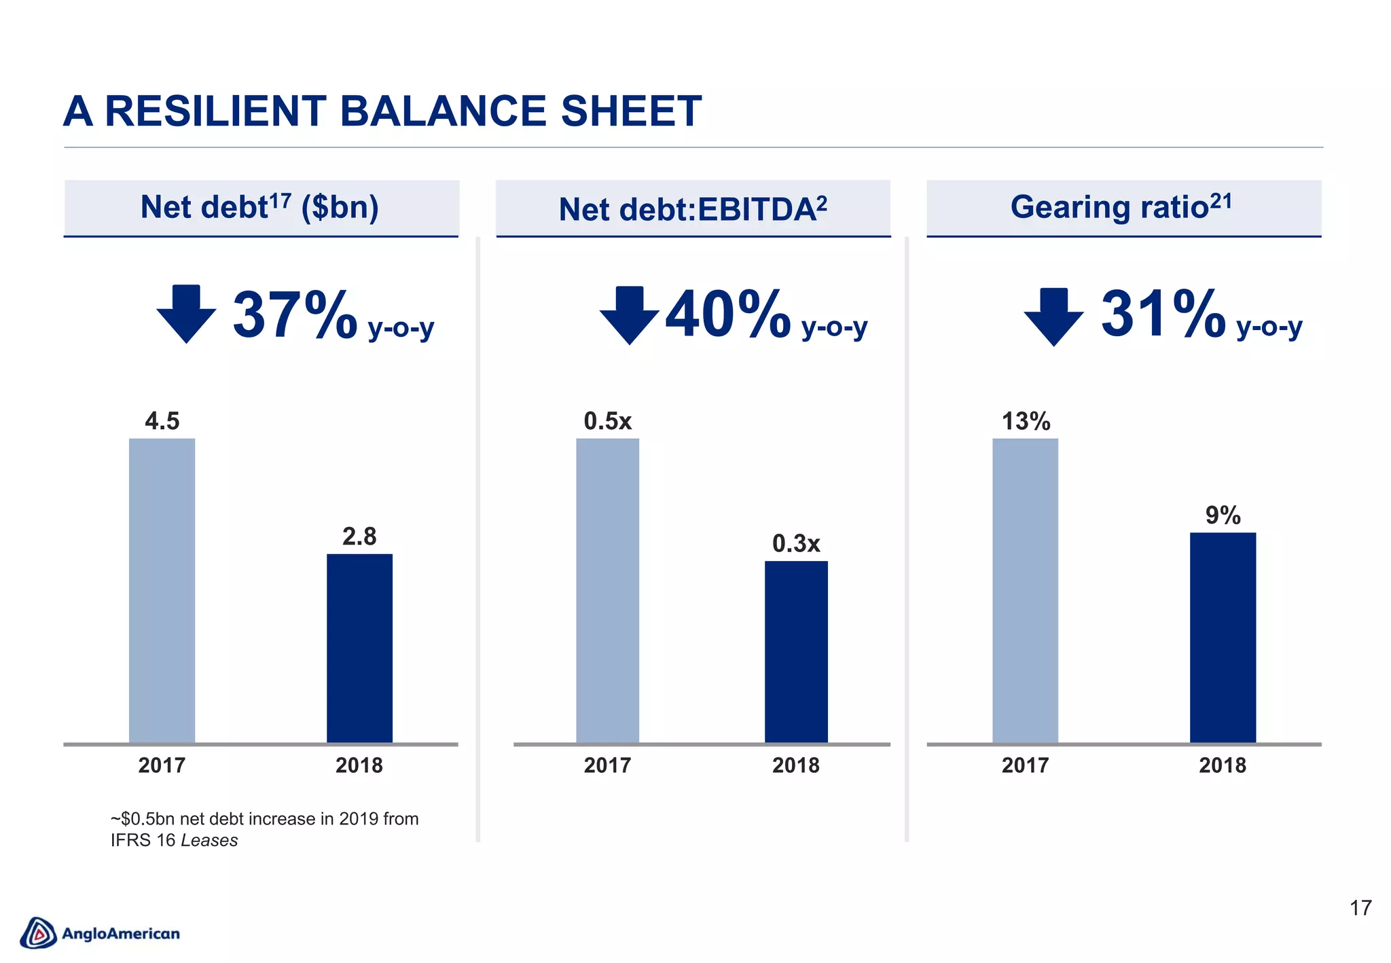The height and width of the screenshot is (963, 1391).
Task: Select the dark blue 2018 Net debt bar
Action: click(x=359, y=648)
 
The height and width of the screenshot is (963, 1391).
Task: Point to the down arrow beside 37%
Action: click(x=186, y=313)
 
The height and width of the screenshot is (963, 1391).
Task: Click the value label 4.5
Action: click(x=162, y=421)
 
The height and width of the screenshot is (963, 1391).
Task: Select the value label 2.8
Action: click(x=359, y=537)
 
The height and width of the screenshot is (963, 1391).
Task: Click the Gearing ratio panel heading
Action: click(x=1121, y=206)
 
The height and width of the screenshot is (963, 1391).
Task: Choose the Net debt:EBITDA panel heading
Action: click(x=692, y=208)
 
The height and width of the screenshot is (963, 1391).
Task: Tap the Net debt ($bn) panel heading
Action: click(x=259, y=206)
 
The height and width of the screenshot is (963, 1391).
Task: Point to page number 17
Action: click(x=1360, y=908)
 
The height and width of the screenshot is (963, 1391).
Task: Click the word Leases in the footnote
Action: click(x=209, y=841)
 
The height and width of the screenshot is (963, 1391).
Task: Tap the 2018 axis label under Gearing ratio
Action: click(x=1223, y=765)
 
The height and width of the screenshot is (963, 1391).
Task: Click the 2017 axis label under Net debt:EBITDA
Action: click(x=607, y=765)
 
